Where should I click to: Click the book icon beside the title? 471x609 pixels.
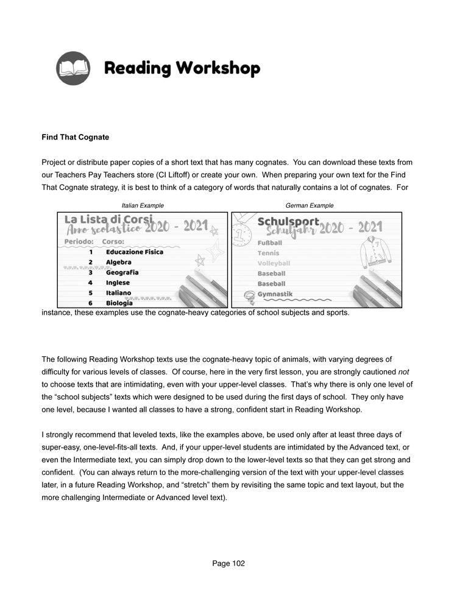73,68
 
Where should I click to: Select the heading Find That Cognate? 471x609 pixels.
76,138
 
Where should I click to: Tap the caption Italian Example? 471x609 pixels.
143,206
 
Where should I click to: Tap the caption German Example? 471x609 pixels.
310,206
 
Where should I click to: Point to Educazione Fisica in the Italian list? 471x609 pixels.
134,252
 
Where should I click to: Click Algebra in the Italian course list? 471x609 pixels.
118,262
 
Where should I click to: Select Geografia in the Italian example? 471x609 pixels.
122,272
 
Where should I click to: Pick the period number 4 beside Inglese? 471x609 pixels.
90,283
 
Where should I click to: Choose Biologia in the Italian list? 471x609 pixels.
119,303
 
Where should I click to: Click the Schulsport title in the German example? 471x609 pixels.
288,221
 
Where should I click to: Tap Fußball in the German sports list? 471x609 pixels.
270,243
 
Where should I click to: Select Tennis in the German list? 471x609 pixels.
268,253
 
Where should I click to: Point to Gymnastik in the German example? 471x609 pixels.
275,294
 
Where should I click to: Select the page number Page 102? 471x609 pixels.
228,563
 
